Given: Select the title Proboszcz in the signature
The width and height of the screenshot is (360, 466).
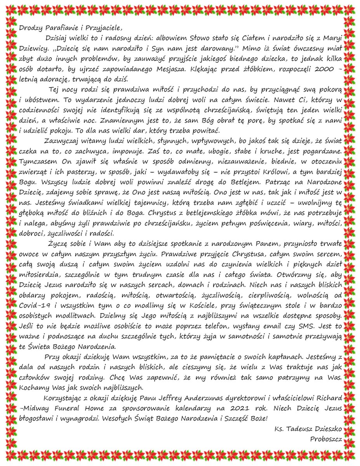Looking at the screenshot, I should (x=325, y=439).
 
